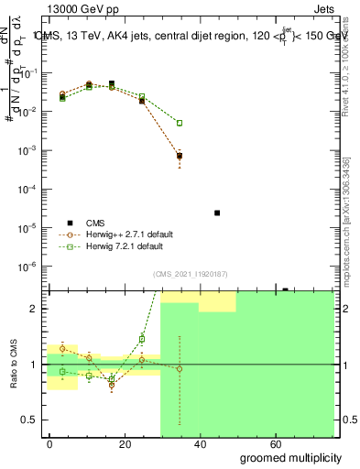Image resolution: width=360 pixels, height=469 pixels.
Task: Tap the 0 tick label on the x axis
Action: click(49, 444)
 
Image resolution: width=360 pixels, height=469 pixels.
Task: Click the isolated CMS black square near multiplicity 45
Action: click(217, 213)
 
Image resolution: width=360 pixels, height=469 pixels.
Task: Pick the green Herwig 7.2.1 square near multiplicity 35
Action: click(180, 123)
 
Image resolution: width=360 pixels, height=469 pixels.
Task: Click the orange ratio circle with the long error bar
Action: click(180, 368)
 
